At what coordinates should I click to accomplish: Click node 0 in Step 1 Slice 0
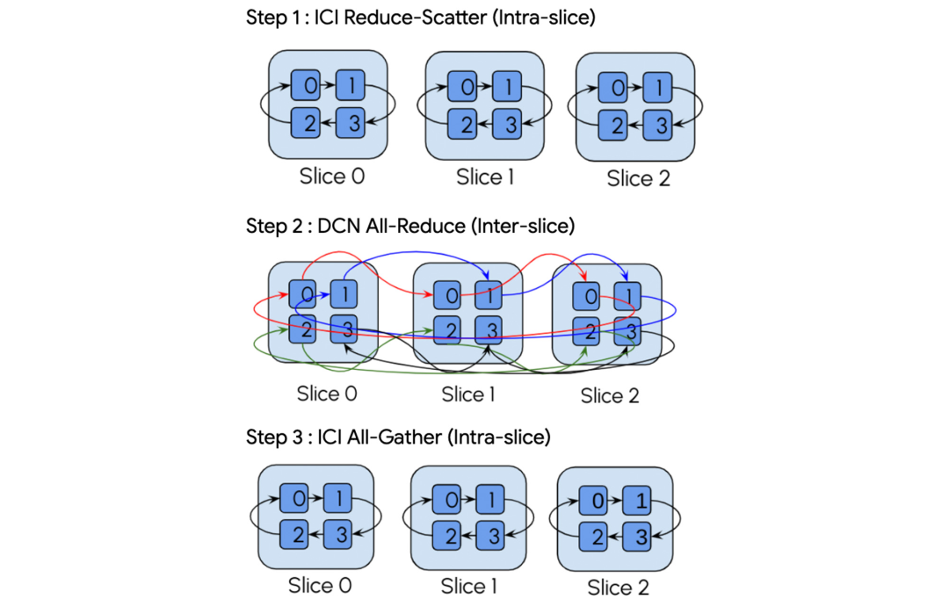click(306, 84)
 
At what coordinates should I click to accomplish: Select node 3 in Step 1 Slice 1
click(507, 124)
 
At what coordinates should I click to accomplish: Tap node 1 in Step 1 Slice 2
click(657, 87)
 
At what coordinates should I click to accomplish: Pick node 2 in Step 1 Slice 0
click(306, 123)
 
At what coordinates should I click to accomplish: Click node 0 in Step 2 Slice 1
click(447, 296)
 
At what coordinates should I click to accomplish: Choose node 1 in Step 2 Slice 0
click(344, 294)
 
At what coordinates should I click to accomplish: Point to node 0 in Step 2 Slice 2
click(586, 296)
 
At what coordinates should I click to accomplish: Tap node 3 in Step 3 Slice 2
click(637, 537)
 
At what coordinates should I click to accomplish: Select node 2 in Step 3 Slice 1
click(446, 535)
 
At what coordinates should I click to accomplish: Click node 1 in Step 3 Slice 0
click(337, 498)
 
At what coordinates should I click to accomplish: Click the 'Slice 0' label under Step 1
click(331, 176)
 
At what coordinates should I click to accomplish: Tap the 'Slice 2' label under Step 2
click(610, 395)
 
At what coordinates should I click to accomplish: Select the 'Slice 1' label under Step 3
click(468, 586)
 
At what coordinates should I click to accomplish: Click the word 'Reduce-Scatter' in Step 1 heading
click(415, 18)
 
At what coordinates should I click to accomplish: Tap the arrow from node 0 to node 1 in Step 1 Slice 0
click(328, 85)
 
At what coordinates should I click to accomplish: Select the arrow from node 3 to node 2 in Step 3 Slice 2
click(615, 537)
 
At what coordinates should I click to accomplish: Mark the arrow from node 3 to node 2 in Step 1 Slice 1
click(485, 125)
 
